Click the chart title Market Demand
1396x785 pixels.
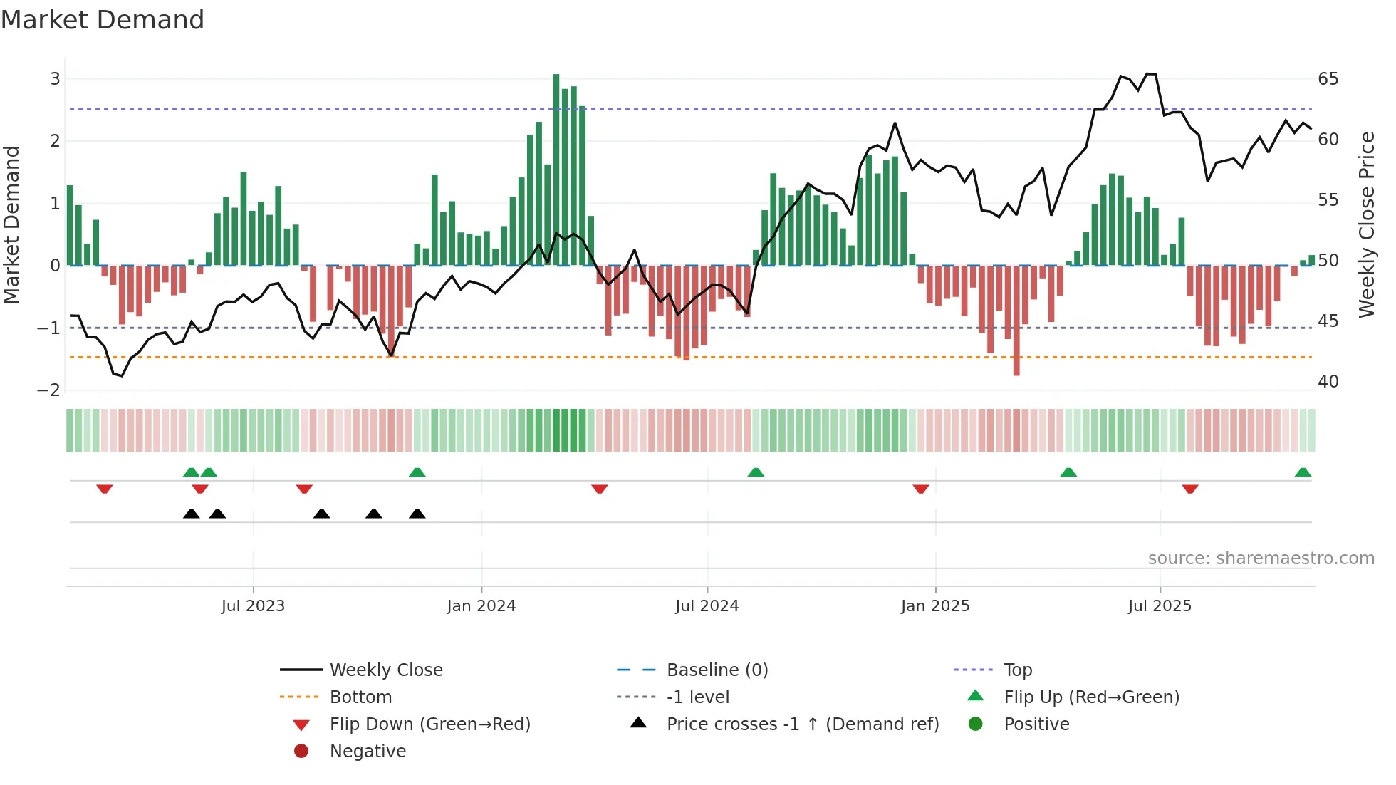103,20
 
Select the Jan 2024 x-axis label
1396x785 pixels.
481,606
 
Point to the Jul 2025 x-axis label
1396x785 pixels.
1159,606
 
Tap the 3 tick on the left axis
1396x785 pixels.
55,79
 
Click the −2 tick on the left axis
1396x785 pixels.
49,390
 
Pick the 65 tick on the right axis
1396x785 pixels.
1328,79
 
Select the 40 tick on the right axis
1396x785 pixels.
1328,382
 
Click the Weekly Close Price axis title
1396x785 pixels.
1366,224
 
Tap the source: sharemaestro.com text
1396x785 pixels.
1261,558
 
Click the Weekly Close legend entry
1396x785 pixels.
385,670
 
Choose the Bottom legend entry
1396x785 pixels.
360,697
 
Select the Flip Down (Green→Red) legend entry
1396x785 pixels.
429,724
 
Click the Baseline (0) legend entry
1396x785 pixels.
717,670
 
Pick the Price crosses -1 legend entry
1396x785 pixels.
802,724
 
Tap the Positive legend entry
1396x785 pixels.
1036,724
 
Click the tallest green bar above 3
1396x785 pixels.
556,171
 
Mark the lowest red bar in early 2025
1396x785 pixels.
1016,321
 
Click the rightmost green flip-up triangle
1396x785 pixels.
1303,472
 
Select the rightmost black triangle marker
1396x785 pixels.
417,514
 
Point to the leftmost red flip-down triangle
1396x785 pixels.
105,489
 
